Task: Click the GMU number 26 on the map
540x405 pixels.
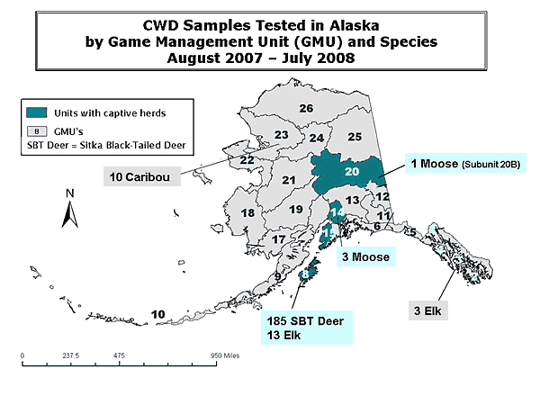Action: (306, 109)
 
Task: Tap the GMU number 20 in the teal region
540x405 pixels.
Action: (352, 171)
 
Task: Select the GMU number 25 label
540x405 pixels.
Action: (355, 137)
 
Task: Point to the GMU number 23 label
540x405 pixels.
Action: (281, 135)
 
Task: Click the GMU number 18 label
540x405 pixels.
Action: (247, 213)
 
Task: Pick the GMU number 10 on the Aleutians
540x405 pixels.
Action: (158, 313)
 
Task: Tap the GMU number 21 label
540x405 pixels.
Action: (289, 180)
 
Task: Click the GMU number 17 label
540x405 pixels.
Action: (279, 239)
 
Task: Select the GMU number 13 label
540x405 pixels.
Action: (353, 200)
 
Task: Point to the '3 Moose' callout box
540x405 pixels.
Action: (365, 257)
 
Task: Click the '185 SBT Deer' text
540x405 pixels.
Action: (303, 320)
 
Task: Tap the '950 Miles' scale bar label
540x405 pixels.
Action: (228, 355)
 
